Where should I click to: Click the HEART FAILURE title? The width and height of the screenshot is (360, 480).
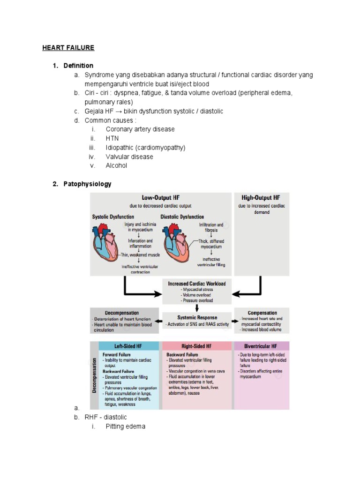pyautogui.click(x=68, y=48)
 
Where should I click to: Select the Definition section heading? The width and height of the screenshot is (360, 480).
pyautogui.click(x=78, y=66)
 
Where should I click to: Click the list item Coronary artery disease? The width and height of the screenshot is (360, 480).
pyautogui.click(x=140, y=129)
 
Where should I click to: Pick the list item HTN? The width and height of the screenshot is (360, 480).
pyautogui.click(x=112, y=138)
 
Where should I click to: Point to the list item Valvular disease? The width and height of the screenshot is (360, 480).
pyautogui.click(x=129, y=157)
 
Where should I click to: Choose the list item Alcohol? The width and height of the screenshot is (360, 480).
pyautogui.click(x=116, y=165)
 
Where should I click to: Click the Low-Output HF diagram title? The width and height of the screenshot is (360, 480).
pyautogui.click(x=160, y=198)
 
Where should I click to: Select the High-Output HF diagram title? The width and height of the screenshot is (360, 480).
pyautogui.click(x=261, y=198)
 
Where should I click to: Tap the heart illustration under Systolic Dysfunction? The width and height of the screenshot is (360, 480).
pyautogui.click(x=105, y=244)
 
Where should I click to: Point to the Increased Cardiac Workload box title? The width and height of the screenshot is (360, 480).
pyautogui.click(x=197, y=284)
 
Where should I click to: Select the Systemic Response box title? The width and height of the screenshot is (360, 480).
pyautogui.click(x=197, y=317)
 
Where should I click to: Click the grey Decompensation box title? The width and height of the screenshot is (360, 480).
pyautogui.click(x=122, y=313)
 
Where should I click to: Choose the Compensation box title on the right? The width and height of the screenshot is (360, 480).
pyautogui.click(x=262, y=313)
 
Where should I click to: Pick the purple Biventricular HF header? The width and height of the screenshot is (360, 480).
pyautogui.click(x=261, y=346)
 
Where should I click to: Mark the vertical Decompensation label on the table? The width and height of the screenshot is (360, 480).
pyautogui.click(x=94, y=375)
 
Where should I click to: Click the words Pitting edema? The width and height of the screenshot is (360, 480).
pyautogui.click(x=125, y=427)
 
